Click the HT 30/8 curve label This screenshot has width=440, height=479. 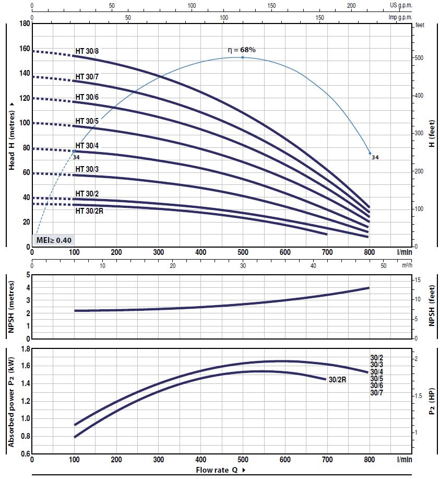87,51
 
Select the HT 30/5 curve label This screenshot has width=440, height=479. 87,121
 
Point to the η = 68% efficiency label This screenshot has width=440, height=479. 242,50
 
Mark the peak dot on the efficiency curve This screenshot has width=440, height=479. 242,57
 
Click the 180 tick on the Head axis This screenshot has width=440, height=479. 24,24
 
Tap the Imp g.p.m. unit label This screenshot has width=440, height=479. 400,17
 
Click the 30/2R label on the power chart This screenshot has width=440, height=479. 338,380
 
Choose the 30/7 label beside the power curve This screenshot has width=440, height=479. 377,392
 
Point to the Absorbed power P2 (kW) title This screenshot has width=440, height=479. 11,401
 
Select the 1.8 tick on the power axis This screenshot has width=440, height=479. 24,348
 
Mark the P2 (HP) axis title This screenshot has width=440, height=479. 432,401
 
